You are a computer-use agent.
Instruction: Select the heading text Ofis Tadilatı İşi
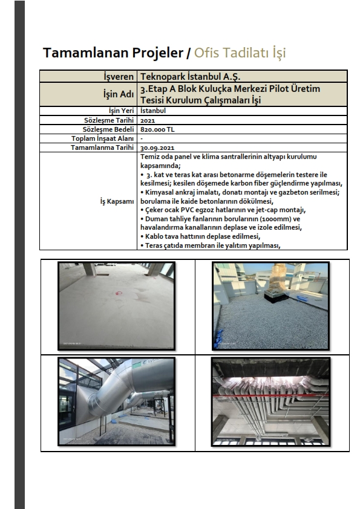click(240, 52)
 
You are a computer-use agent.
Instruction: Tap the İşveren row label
click(119, 77)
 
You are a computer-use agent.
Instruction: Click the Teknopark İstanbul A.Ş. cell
click(190, 77)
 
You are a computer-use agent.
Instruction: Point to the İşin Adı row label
click(119, 94)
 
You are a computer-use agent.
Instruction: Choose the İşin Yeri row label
click(121, 111)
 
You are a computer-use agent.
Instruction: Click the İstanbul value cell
click(153, 111)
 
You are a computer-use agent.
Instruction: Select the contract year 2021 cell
click(148, 120)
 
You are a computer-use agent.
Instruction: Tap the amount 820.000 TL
click(157, 129)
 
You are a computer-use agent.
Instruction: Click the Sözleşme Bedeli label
click(108, 129)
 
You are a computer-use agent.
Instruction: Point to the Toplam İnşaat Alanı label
click(102, 138)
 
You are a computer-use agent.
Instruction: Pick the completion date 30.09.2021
click(157, 148)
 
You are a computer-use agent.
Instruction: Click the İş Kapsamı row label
click(117, 201)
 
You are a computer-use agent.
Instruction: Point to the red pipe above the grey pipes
click(270, 397)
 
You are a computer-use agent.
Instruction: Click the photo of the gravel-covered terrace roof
click(270, 306)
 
